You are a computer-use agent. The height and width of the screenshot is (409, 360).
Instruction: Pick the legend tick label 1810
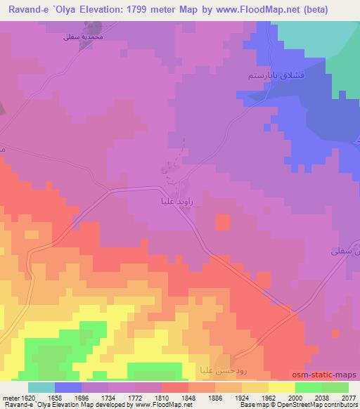[161, 397]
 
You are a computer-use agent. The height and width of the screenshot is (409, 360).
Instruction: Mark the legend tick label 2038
[323, 397]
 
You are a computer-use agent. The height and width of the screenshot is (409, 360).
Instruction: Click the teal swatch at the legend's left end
[41, 387]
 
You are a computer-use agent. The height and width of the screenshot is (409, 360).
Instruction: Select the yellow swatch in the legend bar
[282, 387]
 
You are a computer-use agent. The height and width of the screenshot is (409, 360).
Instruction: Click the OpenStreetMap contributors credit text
[319, 405]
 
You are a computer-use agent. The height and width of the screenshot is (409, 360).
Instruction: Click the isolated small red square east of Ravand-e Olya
[222, 222]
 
